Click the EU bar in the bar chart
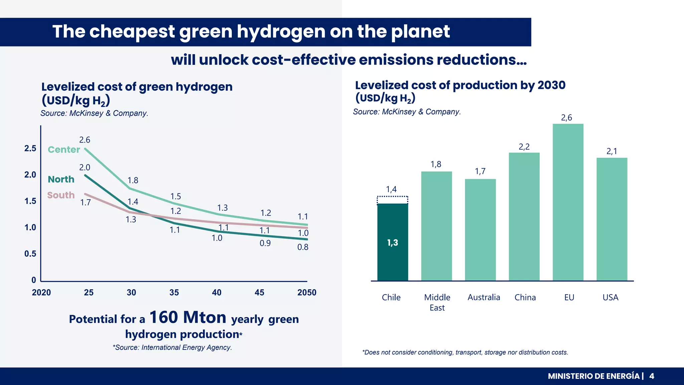pyautogui.click(x=568, y=202)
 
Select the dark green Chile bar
pyautogui.click(x=392, y=242)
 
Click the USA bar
pyautogui.click(x=612, y=219)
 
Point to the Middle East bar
pyautogui.click(x=436, y=226)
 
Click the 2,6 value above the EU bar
pyautogui.click(x=566, y=118)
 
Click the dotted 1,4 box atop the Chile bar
pyautogui.click(x=392, y=200)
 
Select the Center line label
pyautogui.click(x=64, y=149)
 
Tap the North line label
pyautogui.click(x=61, y=179)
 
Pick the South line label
pyautogui.click(x=61, y=195)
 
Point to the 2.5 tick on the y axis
pyautogui.click(x=30, y=148)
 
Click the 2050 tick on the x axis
pyautogui.click(x=307, y=292)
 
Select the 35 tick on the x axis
pyautogui.click(x=174, y=292)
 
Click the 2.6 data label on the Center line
pyautogui.click(x=84, y=140)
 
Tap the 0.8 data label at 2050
pyautogui.click(x=303, y=247)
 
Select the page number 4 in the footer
pyautogui.click(x=652, y=376)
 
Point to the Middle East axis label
pyautogui.click(x=437, y=302)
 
